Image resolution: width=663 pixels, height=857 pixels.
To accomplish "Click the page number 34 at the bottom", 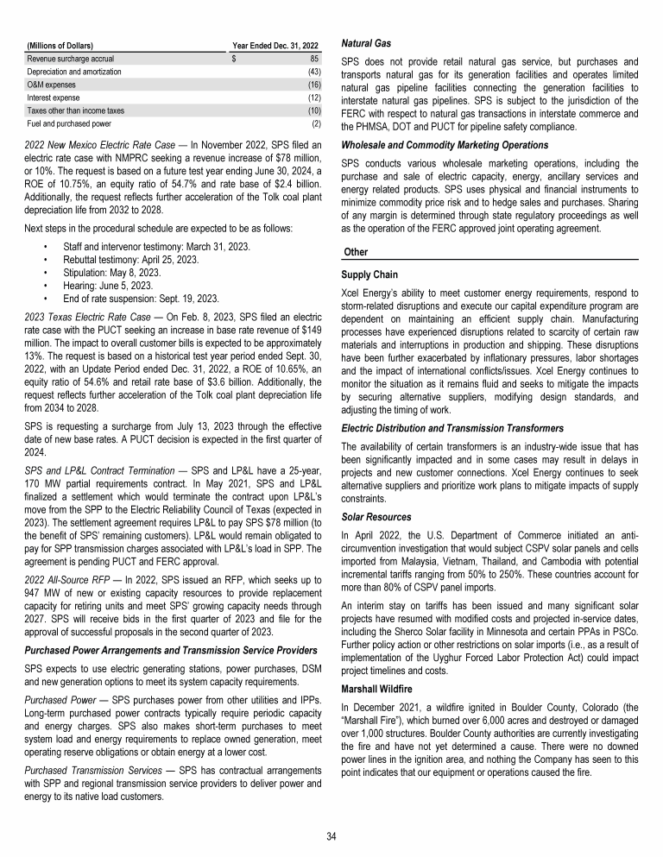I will pyautogui.click(x=331, y=835).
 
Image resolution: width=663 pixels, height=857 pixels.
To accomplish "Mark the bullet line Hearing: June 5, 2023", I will pyautogui.click(x=118, y=286).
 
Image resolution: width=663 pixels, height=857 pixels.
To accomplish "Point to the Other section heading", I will pyautogui.click(x=356, y=251).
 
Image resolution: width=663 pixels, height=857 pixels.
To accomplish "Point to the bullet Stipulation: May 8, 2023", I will pyautogui.click(x=120, y=273).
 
